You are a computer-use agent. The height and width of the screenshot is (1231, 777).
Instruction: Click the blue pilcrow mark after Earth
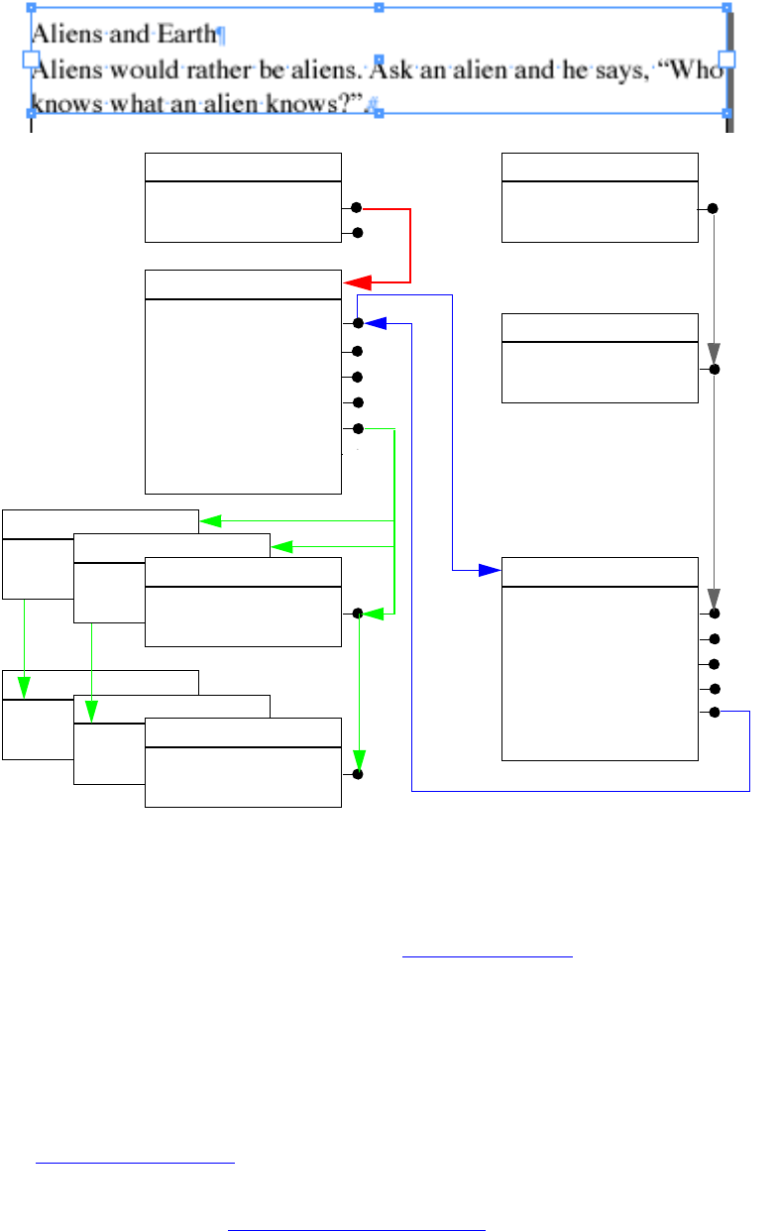tap(221, 36)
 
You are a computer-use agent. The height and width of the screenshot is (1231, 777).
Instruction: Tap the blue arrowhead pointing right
tap(488, 570)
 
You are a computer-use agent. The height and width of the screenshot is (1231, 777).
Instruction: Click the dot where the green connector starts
tap(358, 428)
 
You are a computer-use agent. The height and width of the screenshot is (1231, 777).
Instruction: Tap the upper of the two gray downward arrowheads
tap(714, 354)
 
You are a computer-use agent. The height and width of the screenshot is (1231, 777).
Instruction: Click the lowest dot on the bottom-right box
tap(714, 712)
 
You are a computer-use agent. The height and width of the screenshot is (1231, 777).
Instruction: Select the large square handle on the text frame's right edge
tap(726, 59)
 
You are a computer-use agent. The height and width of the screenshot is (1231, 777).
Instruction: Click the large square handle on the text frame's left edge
tap(31, 59)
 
